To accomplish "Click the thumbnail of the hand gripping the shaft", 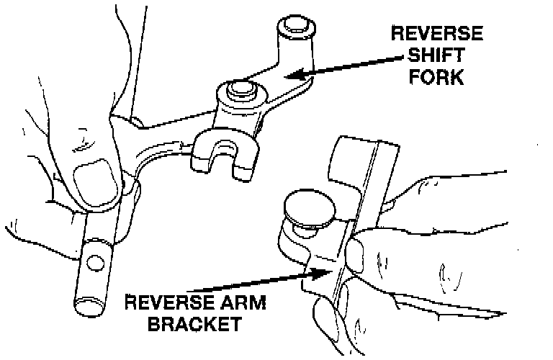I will [91, 184].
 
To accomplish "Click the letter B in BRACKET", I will [153, 323].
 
